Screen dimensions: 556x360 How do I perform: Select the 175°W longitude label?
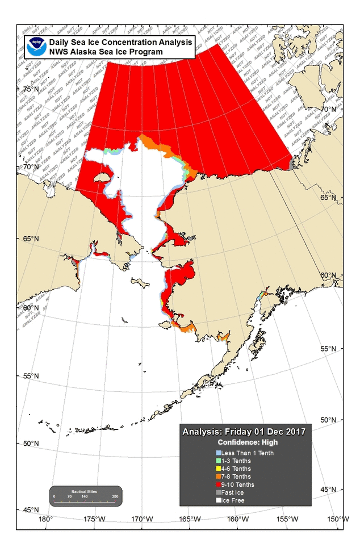94,519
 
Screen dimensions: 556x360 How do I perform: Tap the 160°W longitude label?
238,519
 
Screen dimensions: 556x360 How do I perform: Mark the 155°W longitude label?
287,519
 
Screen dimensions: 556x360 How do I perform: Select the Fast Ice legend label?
233,492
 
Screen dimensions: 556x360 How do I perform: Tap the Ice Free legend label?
233,500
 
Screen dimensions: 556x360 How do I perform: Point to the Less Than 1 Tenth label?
244,453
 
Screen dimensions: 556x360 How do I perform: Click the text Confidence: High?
245,442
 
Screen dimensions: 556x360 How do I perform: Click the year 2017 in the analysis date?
295,432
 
